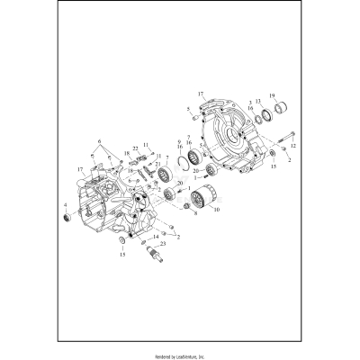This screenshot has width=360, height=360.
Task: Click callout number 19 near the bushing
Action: pyautogui.click(x=273, y=95)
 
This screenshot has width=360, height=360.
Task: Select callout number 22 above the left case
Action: pyautogui.click(x=134, y=148)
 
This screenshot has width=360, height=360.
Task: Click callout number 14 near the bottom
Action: pyautogui.click(x=156, y=237)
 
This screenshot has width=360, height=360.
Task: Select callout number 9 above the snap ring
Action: pyautogui.click(x=179, y=142)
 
